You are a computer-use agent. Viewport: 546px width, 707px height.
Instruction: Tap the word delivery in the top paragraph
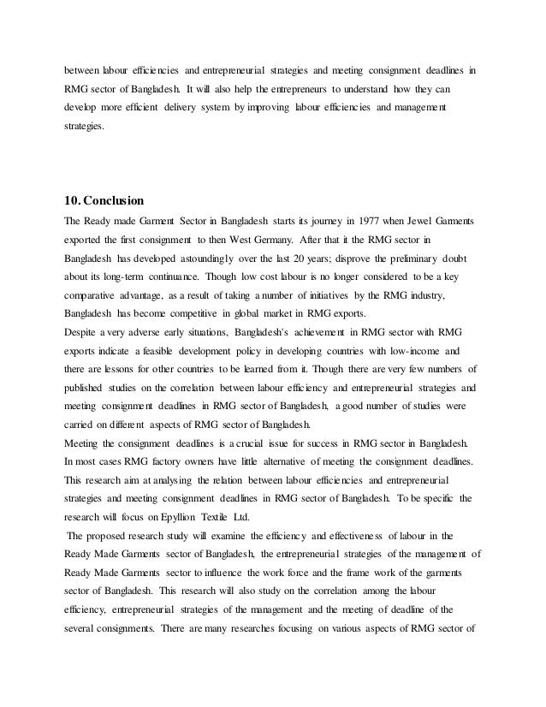click(202, 109)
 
